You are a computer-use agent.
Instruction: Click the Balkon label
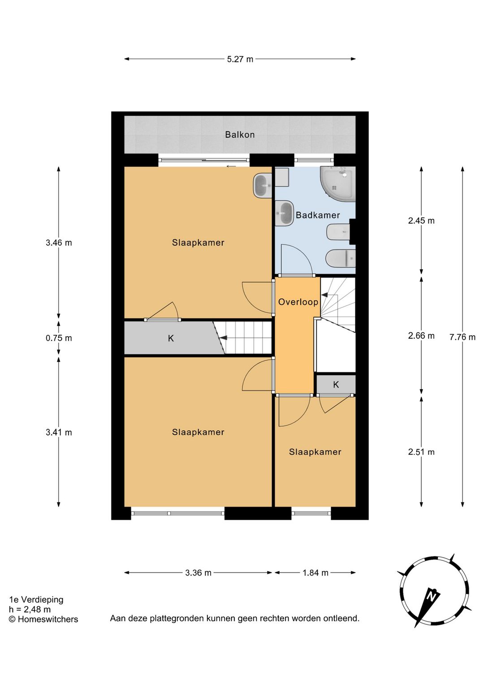(x=240, y=134)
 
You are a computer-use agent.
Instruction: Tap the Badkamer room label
(x=318, y=215)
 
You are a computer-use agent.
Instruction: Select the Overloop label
(x=298, y=302)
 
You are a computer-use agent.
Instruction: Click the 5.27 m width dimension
(x=240, y=59)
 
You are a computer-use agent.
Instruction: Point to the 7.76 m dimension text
(x=462, y=337)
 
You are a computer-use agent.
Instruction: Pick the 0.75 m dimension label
(x=59, y=338)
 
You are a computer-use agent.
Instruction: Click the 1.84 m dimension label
(x=315, y=573)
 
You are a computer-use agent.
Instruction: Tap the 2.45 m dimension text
(x=421, y=221)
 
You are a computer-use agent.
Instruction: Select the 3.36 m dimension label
(x=198, y=573)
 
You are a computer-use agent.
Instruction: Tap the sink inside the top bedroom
(x=262, y=186)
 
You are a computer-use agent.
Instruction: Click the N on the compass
(x=431, y=596)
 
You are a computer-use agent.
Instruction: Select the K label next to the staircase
(x=171, y=338)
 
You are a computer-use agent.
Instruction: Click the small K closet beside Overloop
(x=336, y=385)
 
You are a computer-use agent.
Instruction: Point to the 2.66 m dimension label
(x=421, y=336)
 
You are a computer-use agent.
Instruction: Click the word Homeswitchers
(x=48, y=619)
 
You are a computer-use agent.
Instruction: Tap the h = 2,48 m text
(x=30, y=610)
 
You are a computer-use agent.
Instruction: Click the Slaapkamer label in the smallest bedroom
(x=315, y=452)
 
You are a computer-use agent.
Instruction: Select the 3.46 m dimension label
(x=59, y=243)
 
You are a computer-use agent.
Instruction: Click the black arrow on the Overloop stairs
(x=324, y=294)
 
